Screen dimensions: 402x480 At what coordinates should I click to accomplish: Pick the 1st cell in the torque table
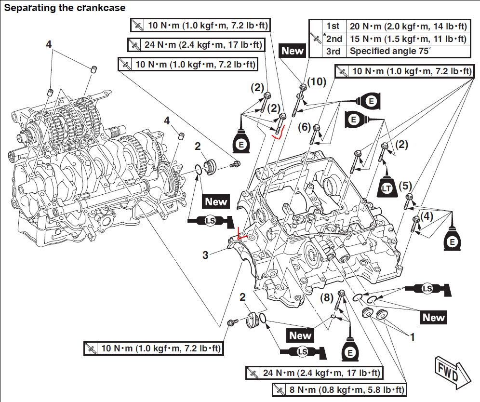coord(333,26)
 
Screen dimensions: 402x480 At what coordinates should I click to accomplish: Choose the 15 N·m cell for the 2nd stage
coord(408,39)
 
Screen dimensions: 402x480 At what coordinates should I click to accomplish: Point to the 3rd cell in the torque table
coord(333,51)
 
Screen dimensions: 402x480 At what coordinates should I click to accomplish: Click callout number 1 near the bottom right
coord(412,337)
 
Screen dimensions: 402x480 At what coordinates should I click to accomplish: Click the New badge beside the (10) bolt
coord(293,50)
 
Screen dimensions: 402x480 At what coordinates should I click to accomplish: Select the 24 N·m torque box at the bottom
coord(314,373)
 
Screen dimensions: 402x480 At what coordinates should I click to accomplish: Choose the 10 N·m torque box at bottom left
coord(153,348)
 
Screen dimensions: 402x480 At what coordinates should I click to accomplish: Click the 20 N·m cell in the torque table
coord(408,26)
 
